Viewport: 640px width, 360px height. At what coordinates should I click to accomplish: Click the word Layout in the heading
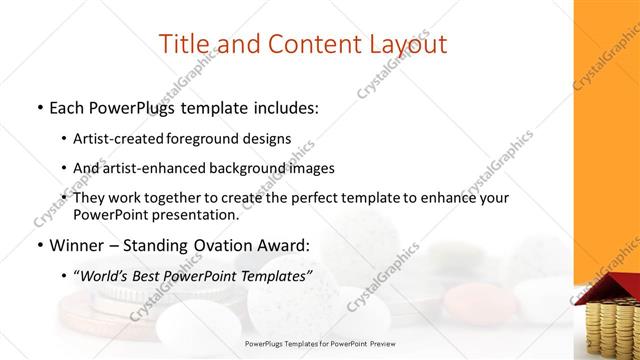coord(403,43)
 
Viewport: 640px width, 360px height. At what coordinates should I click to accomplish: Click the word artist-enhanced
coord(151,167)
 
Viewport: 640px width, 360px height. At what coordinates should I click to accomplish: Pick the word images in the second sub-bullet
coord(311,167)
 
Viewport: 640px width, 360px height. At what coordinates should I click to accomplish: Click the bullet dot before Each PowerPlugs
coord(39,107)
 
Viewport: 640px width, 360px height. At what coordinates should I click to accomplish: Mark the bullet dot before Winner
coord(39,244)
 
